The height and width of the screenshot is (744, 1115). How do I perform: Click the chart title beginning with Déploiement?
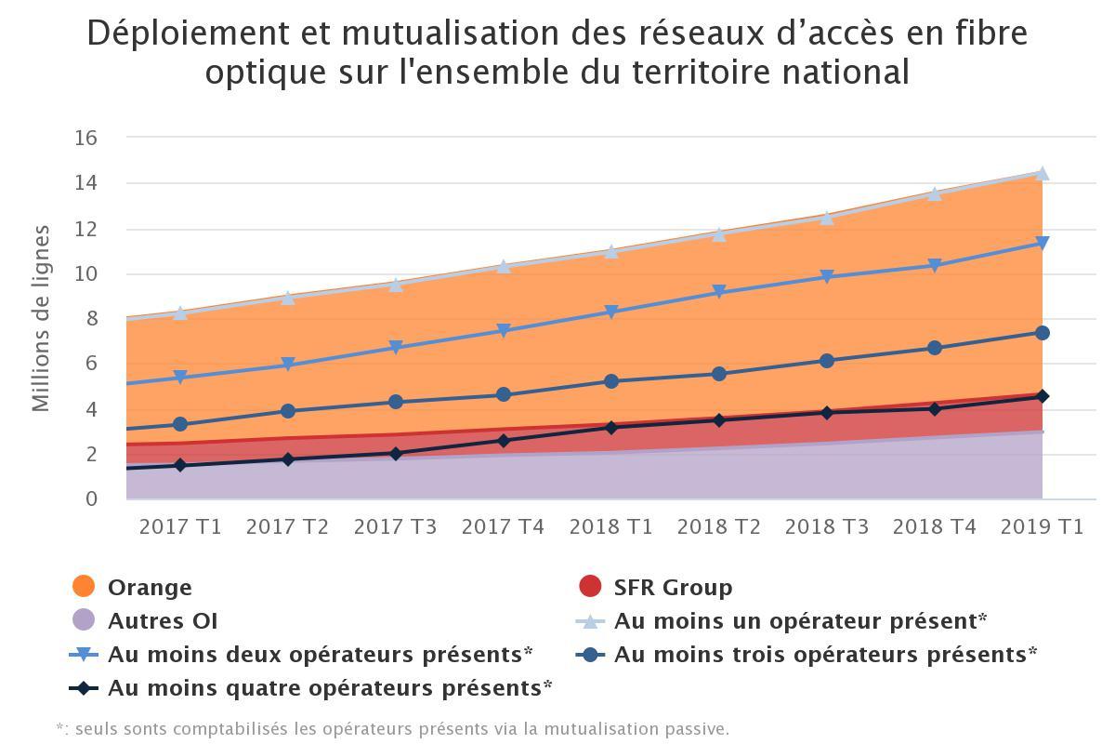point(557,52)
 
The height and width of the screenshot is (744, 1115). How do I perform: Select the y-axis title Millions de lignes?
point(41,318)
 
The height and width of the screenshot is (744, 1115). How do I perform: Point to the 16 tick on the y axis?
point(85,138)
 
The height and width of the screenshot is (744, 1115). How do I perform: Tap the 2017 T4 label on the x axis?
point(503,526)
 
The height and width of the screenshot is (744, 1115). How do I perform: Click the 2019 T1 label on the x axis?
point(1042,526)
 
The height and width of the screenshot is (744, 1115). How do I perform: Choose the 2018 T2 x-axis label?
point(718,526)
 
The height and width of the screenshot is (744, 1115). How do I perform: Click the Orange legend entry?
point(150,588)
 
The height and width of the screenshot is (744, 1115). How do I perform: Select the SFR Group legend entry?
point(673,588)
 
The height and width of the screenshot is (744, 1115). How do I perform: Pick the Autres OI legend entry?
point(163,620)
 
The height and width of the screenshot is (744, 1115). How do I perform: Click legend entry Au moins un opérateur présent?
point(799,620)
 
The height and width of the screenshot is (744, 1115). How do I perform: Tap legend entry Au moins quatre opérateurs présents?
point(330,688)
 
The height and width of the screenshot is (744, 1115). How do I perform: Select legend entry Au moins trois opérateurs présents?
point(825,654)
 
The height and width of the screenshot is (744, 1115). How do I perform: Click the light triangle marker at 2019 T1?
point(1042,174)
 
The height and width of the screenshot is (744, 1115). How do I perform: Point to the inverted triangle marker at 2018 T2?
point(718,293)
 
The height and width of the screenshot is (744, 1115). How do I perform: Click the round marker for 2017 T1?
point(180,425)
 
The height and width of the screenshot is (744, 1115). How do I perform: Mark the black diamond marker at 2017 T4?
point(503,441)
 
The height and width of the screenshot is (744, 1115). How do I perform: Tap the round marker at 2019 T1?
point(1042,333)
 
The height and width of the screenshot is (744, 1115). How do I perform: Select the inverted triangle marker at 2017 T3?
point(396,348)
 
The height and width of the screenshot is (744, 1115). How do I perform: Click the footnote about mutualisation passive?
point(392,728)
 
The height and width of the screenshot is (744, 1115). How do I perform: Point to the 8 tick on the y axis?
point(91,319)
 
